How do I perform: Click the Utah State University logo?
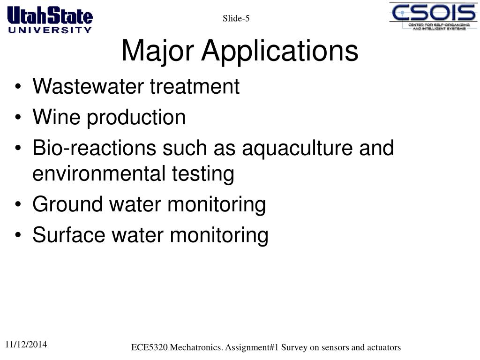pos(50,20)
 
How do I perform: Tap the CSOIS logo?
pos(433,16)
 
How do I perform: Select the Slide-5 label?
pos(236,18)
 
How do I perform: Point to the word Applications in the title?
pos(280,51)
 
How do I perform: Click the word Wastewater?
pos(88,86)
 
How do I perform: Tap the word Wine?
pos(57,117)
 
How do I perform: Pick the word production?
pos(136,118)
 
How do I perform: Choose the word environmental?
pos(99,173)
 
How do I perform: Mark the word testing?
pos(203,174)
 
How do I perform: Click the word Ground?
pos(67,204)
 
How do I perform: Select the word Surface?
pos(69,235)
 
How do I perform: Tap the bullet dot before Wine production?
pos(18,117)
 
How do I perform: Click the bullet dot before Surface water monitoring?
pos(18,235)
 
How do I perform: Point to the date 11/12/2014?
pos(26,345)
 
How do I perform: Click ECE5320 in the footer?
pos(150,347)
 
